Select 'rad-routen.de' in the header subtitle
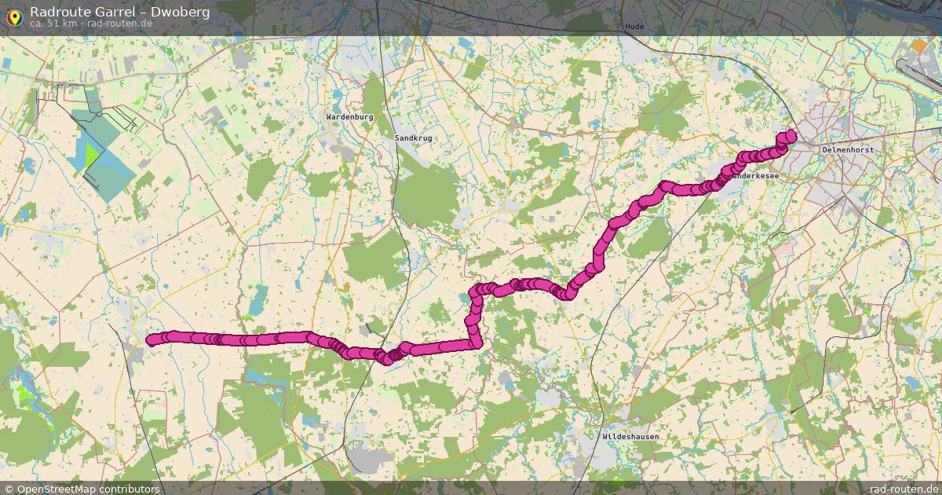coord(120,23)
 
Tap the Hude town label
coord(634,27)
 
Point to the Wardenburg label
coord(349,116)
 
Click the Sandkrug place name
coord(413,137)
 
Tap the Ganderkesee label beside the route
coord(755,176)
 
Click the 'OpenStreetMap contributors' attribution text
coord(88,489)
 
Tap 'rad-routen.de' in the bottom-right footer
coord(904,489)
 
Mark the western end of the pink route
coord(152,339)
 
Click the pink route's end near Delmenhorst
coord(789,135)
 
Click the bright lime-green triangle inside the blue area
coord(93,153)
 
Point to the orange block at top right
coord(919,46)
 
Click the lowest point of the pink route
coord(388,360)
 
